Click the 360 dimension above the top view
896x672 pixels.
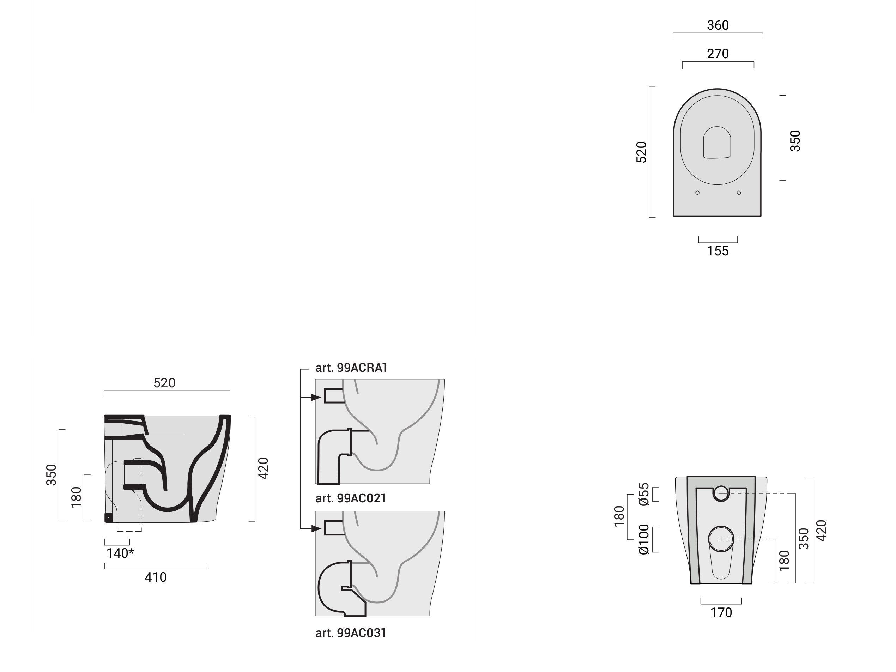pos(718,25)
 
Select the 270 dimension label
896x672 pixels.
pos(718,54)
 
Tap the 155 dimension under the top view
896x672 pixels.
pos(718,251)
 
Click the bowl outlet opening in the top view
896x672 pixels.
pos(717,142)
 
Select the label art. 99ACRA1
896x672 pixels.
pos(351,368)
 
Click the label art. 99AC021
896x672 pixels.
pos(351,498)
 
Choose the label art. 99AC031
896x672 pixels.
pos(351,633)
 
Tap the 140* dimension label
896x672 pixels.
pos(120,553)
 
